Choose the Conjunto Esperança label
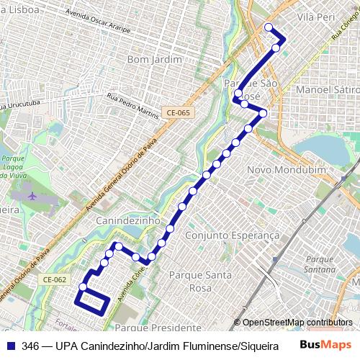pos(232,235)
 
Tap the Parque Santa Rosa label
pos(200,281)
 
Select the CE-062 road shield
pos(54,280)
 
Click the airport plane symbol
pos(32,194)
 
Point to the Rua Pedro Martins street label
pos(132,104)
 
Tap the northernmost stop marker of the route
pos(269,27)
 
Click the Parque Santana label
pos(320,264)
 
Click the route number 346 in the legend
pos(30,346)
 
